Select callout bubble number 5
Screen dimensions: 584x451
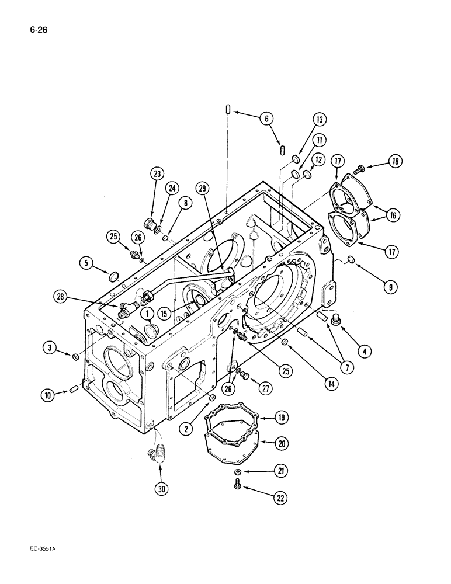point(86,263)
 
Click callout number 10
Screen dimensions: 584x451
point(49,396)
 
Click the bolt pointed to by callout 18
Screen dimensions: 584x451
point(360,168)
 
